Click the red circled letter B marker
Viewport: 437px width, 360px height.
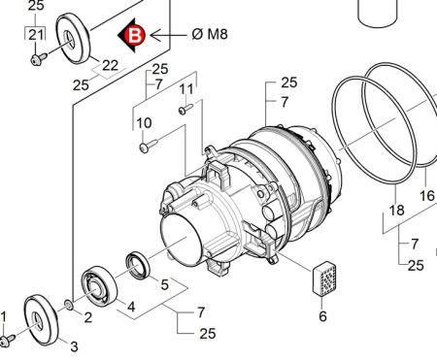(134, 35)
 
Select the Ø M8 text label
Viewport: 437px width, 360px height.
(210, 34)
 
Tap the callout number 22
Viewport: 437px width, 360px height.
(110, 66)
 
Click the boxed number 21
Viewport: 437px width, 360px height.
(36, 35)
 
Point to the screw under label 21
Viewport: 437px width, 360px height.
(39, 59)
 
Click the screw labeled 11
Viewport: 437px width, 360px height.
(185, 109)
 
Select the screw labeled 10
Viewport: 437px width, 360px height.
(149, 146)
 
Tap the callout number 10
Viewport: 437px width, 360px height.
(144, 123)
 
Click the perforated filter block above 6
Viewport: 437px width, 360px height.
(324, 278)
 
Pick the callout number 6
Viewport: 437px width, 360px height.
(322, 316)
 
